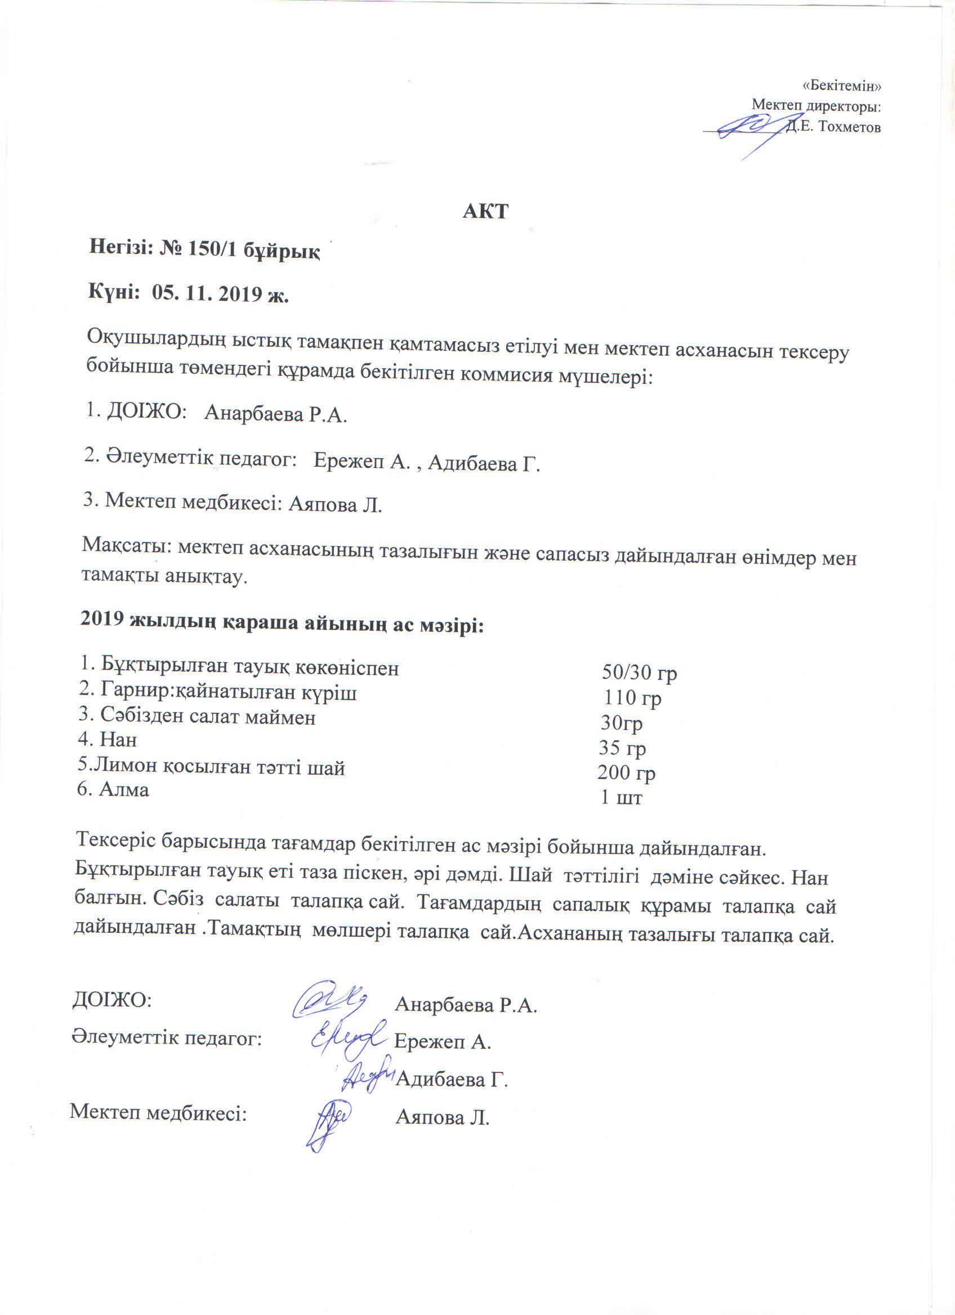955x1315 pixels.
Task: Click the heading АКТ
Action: pyautogui.click(x=485, y=212)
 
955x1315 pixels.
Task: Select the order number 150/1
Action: pyautogui.click(x=209, y=251)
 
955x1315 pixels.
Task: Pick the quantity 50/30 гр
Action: pyautogui.click(x=640, y=673)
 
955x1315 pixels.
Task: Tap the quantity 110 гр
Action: pyautogui.click(x=632, y=698)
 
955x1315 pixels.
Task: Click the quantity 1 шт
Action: pyautogui.click(x=621, y=798)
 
